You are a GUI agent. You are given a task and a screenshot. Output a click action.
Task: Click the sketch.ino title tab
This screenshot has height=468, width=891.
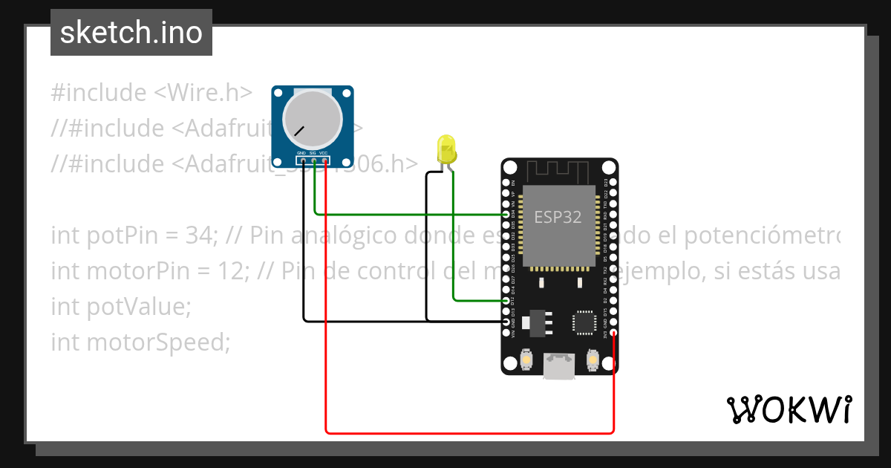pos(131,33)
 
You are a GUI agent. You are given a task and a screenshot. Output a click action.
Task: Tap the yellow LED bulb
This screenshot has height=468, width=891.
pos(446,147)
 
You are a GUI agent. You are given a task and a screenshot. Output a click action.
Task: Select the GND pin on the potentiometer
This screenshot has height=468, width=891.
pos(303,160)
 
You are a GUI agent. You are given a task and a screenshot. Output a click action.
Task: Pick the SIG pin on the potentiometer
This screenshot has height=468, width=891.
pos(314,160)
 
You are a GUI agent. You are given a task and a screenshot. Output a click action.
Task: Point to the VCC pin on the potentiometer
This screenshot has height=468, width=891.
pos(325,160)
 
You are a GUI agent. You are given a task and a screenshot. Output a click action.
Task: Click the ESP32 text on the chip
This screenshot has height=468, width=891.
pos(558,217)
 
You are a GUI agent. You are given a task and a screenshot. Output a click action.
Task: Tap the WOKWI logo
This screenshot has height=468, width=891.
pos(789,409)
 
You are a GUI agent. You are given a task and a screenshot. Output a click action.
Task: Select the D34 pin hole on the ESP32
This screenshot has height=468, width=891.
pos(506,214)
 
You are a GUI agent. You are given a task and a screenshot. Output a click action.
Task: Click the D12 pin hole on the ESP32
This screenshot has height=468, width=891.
pos(506,301)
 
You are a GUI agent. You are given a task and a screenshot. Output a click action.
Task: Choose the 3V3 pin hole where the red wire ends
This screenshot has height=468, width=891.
pos(613,334)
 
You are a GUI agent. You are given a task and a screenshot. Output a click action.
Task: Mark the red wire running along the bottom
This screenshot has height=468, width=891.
pos(468,432)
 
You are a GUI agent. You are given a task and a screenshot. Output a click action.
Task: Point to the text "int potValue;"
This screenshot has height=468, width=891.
pos(121,307)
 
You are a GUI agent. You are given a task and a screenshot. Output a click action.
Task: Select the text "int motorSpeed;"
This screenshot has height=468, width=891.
pos(140,342)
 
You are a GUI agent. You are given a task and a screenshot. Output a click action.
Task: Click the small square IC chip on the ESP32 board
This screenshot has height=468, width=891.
pos(583,322)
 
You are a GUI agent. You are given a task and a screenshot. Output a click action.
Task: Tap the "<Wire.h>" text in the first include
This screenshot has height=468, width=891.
pos(203,93)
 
